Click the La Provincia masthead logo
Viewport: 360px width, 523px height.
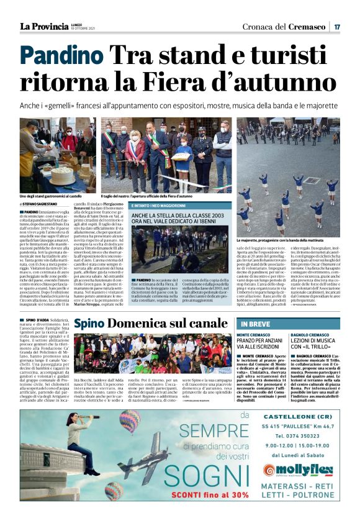[43, 25]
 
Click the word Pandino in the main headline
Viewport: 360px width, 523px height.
[60, 58]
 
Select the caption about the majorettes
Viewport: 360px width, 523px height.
[280, 239]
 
